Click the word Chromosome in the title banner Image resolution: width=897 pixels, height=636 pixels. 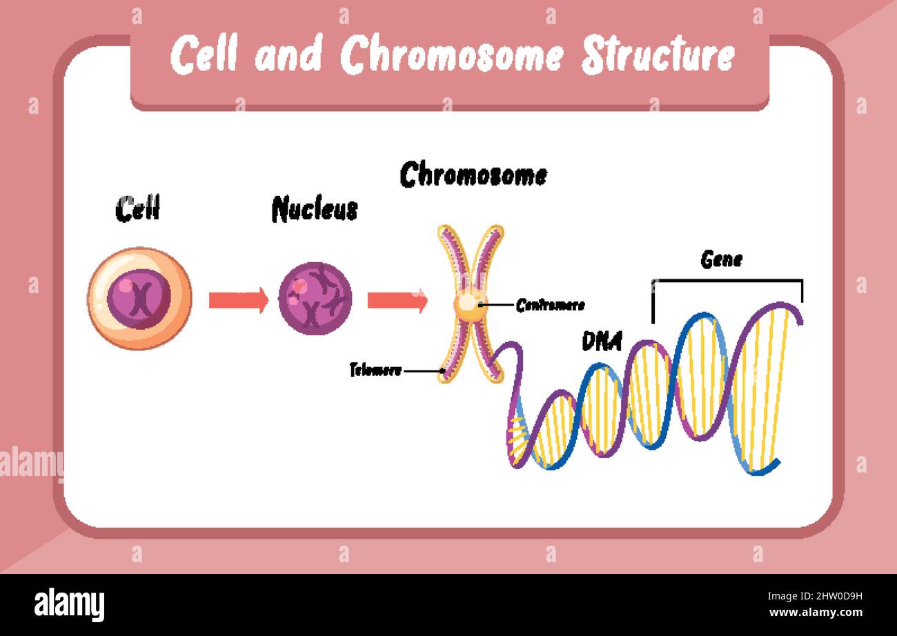(x=452, y=55)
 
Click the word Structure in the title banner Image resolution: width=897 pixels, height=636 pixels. (x=658, y=55)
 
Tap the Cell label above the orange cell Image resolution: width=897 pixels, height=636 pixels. (x=137, y=208)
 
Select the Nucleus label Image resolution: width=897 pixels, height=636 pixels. (x=315, y=208)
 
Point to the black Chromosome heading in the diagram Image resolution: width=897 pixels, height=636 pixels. (x=473, y=175)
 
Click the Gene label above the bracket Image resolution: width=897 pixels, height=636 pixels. (x=721, y=260)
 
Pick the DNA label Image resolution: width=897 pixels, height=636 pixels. (x=602, y=341)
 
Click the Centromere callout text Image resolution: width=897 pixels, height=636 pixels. (x=550, y=305)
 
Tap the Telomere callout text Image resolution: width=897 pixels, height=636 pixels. (x=375, y=370)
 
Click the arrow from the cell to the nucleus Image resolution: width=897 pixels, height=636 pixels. (x=238, y=300)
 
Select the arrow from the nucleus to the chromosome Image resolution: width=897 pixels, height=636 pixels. (x=397, y=300)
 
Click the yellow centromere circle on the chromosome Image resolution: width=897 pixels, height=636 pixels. (x=469, y=304)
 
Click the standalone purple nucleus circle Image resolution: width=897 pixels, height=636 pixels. (x=315, y=299)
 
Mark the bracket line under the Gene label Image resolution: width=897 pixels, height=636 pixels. (x=727, y=280)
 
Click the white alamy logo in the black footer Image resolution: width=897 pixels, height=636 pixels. (x=69, y=604)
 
